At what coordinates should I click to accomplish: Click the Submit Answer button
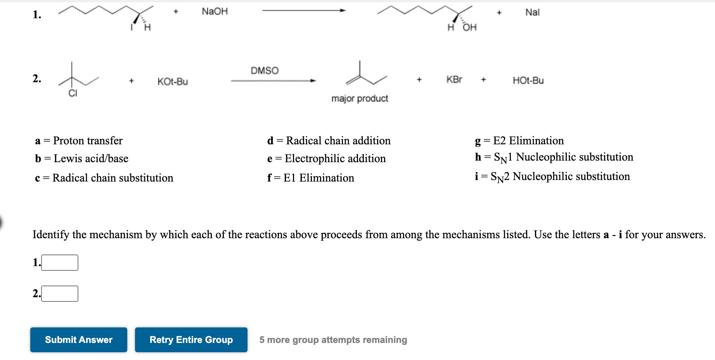[78, 340]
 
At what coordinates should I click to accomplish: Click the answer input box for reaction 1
[60, 263]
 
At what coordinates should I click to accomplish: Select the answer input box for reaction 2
[60, 294]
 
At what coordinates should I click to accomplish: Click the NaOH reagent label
[215, 12]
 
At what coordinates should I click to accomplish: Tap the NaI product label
[532, 12]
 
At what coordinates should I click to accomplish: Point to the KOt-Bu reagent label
[173, 81]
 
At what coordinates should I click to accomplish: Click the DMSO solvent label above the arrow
[265, 71]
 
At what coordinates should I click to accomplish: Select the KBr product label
[454, 80]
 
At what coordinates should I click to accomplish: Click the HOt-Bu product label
[528, 80]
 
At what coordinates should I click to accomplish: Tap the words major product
[360, 99]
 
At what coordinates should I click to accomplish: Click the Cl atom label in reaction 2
[73, 93]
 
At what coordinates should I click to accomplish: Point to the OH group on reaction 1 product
[469, 27]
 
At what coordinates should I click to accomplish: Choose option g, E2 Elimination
[519, 140]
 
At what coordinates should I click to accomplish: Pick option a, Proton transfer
[79, 140]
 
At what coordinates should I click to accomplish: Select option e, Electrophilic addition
[326, 158]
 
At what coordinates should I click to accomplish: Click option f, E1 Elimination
[311, 178]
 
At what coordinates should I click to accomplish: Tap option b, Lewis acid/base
[81, 158]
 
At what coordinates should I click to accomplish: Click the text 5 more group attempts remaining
[333, 340]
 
